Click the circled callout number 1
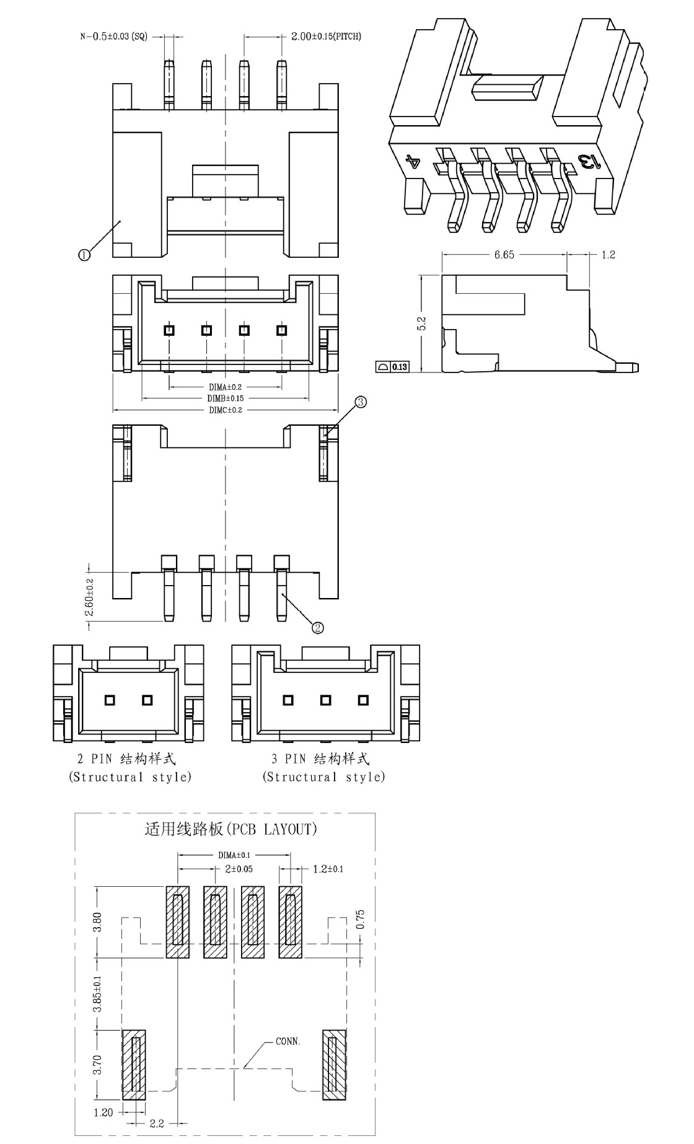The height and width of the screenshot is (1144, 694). coord(84,254)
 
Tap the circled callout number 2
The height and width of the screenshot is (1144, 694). coord(318,628)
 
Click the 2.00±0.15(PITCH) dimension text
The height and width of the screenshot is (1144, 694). coord(327,36)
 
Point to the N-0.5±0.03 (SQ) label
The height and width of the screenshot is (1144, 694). coord(114,37)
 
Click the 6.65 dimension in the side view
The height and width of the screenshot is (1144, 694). coord(504,255)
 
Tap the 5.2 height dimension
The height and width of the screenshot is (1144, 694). coord(422,323)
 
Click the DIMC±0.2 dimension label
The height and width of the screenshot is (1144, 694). coord(225,410)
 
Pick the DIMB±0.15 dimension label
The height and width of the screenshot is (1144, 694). coord(225,398)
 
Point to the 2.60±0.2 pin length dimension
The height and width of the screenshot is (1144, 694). coord(90,597)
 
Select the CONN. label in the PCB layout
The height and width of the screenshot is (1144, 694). coord(288,1042)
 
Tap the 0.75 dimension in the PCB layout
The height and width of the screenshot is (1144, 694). coord(361,919)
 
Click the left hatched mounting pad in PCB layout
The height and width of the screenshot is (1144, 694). coord(134,1065)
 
